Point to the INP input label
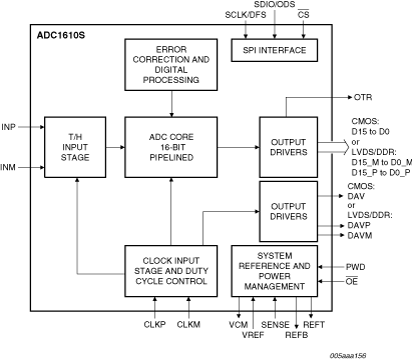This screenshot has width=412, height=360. point(9,127)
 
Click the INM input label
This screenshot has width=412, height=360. point(9,167)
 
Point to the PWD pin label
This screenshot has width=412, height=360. point(357,266)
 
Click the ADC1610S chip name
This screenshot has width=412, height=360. point(62,35)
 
